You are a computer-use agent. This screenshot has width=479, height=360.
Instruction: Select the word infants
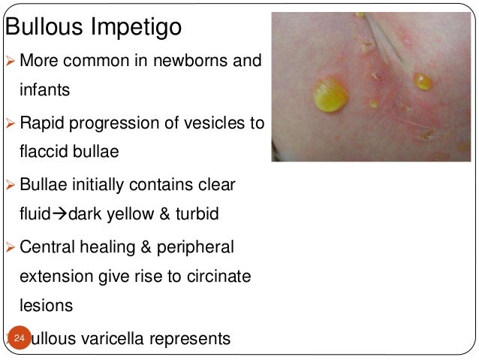point(45,90)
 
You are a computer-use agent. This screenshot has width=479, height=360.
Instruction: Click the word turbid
point(194,215)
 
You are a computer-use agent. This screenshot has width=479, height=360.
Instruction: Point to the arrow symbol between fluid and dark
point(61,215)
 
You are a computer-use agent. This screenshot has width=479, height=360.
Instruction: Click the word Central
point(50,247)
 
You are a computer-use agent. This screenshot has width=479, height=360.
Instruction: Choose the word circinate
point(214,277)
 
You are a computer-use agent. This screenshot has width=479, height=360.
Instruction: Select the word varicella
point(126,340)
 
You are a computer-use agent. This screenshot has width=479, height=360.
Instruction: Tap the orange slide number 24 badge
point(19,340)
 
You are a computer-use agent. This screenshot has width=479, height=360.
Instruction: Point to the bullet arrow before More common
point(11,59)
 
